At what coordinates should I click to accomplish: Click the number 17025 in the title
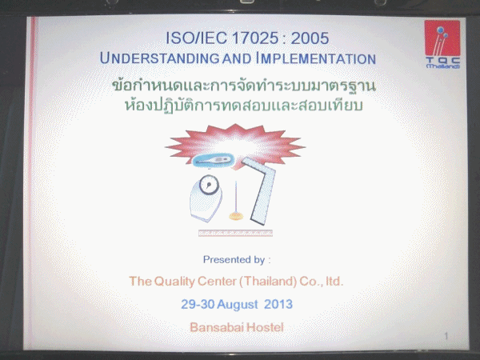pos(254,38)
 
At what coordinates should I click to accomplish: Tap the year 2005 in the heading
pos(310,38)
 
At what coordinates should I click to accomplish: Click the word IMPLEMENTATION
pos(316,58)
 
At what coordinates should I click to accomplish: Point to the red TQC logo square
pos(442,38)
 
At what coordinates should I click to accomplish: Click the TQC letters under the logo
pos(442,60)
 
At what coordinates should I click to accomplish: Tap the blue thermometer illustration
pos(214,160)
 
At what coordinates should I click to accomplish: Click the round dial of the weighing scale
pos(209,185)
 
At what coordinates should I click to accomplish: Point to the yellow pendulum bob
pos(236,217)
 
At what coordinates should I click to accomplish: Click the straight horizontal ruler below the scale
pos(235,234)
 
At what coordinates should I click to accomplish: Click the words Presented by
pos(234,259)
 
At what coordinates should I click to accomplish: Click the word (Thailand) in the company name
pos(267,282)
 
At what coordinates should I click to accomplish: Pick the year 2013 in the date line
pos(278,304)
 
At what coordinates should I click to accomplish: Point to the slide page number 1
pos(446,336)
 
